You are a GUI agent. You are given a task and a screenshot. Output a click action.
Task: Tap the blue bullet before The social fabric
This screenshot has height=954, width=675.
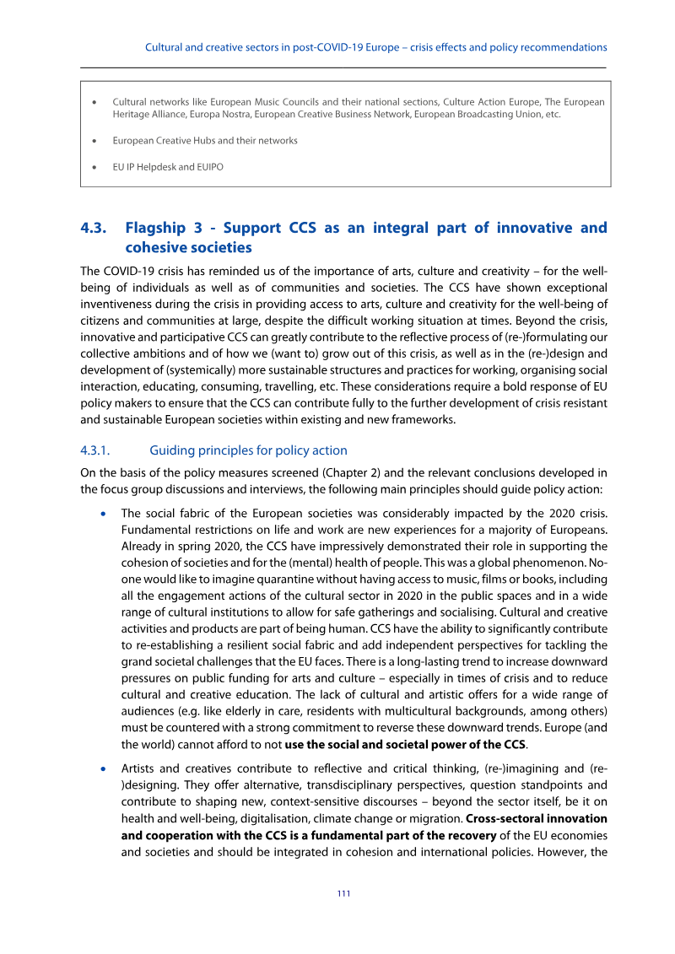tap(103, 513)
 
